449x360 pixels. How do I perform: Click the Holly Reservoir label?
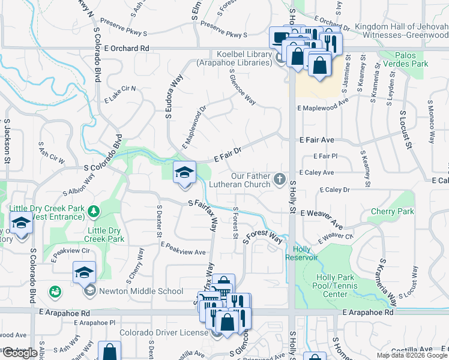(x=306, y=253)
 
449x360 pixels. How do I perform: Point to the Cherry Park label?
(x=393, y=212)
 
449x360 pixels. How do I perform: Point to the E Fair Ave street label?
(x=317, y=140)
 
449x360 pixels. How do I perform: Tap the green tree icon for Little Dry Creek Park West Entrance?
(x=94, y=211)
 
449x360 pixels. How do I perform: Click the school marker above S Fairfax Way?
(x=184, y=173)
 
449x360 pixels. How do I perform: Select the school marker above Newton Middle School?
(x=84, y=272)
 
